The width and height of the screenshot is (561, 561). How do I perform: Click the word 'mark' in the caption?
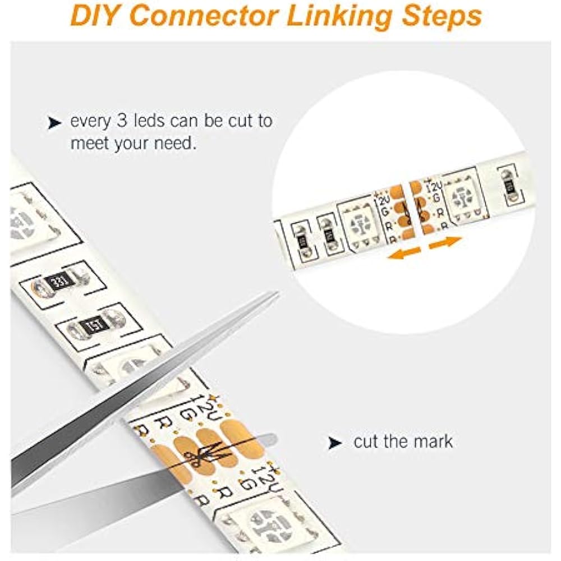pos(433,441)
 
